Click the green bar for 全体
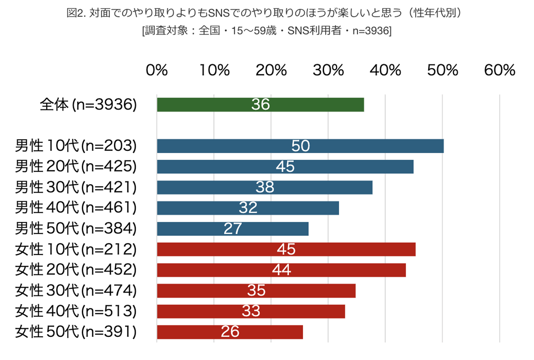coord(260,105)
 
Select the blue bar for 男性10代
coord(300,146)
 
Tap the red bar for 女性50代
coord(230,332)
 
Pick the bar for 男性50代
coord(233,228)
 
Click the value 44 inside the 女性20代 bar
coord(281,270)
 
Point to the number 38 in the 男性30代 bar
coord(265,187)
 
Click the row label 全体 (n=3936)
coord(88,105)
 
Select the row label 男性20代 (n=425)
coord(76,166)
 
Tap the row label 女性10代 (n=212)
coord(76,249)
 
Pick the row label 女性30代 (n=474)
coord(76,291)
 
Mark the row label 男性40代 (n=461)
coord(76,208)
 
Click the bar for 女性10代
coord(286,249)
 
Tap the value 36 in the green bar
coord(260,105)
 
